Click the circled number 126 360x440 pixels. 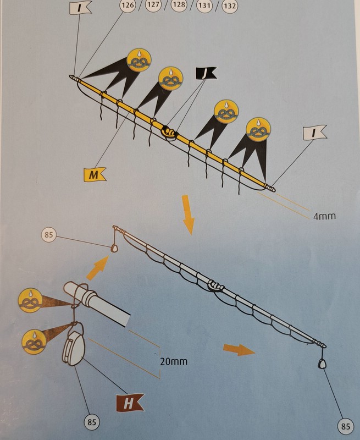128,5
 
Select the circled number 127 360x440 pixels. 154,5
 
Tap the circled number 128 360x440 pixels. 179,5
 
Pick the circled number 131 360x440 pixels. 204,5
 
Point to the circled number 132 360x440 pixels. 230,5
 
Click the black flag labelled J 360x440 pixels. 206,73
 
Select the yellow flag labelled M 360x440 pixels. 95,174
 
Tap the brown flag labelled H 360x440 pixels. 130,403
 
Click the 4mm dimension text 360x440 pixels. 324,216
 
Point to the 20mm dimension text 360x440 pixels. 174,361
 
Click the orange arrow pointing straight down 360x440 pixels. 188,215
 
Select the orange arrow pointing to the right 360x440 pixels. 239,350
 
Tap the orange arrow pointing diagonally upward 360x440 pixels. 98,268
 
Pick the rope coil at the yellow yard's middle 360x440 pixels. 169,133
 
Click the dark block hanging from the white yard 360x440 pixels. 321,364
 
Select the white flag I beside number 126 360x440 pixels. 80,7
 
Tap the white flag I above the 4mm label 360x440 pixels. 314,133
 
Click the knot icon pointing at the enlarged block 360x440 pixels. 34,342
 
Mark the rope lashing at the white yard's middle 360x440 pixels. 215,286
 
